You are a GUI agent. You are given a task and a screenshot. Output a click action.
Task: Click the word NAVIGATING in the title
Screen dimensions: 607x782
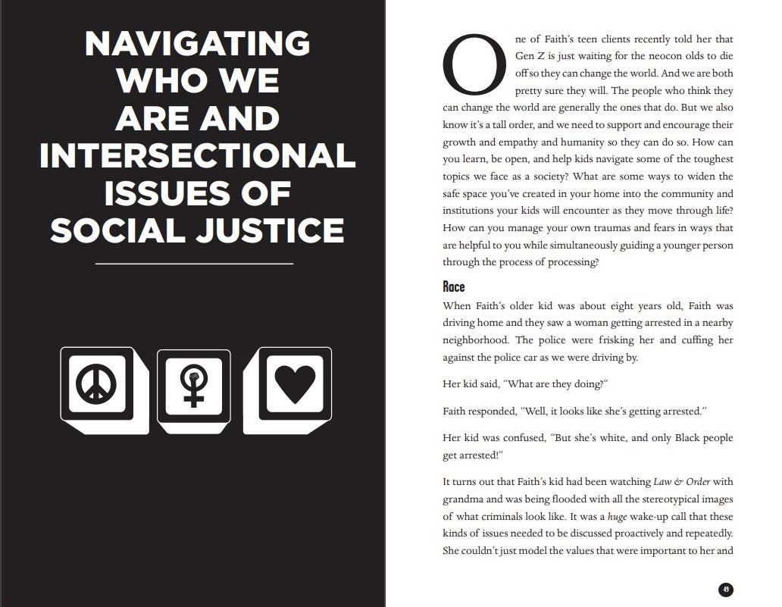click(x=197, y=43)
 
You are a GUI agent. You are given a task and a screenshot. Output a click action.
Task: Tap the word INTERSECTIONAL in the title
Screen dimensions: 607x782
click(x=197, y=155)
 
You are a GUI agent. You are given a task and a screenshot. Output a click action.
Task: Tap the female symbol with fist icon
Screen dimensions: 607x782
click(x=194, y=386)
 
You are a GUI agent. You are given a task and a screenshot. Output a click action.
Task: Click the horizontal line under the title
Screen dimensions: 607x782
click(x=194, y=264)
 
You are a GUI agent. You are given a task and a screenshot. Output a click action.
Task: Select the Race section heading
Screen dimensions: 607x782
click(x=454, y=287)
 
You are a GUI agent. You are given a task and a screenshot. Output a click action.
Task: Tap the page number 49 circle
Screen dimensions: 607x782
click(x=725, y=590)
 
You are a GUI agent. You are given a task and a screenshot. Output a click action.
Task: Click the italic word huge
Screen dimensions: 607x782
click(x=618, y=517)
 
